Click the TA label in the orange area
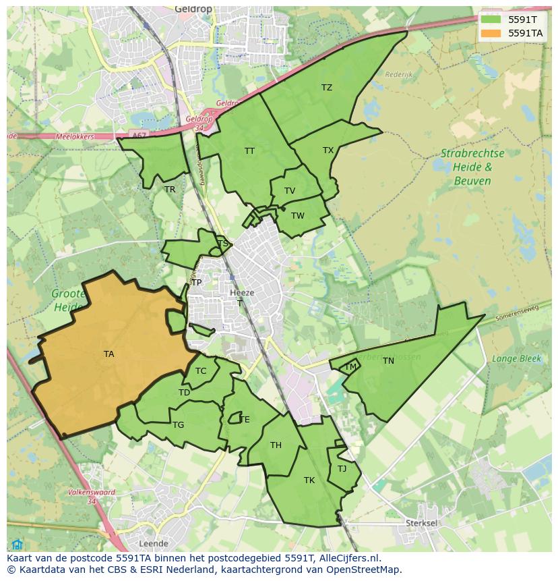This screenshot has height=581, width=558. point(108,354)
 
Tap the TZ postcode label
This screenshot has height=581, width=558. point(327,88)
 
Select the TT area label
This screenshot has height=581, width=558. point(249,150)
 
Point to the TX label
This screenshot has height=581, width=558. point(328,150)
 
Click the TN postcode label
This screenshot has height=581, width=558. point(388,361)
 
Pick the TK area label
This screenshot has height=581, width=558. point(309,480)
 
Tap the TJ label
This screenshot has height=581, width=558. point(342,469)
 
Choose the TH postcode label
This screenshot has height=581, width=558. point(276,445)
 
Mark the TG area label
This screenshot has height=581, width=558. point(178,425)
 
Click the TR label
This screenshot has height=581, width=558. point(170,190)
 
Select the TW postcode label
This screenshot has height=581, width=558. point(298,216)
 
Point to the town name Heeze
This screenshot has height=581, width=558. point(242,293)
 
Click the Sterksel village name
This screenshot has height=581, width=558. point(422,523)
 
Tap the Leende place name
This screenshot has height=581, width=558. point(153,543)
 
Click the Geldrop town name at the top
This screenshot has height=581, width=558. point(193,9)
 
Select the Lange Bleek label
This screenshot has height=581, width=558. point(516,359)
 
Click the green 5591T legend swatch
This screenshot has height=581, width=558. point(490,19)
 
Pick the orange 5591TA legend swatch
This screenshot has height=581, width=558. point(490,33)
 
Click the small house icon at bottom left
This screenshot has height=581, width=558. point(17,545)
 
